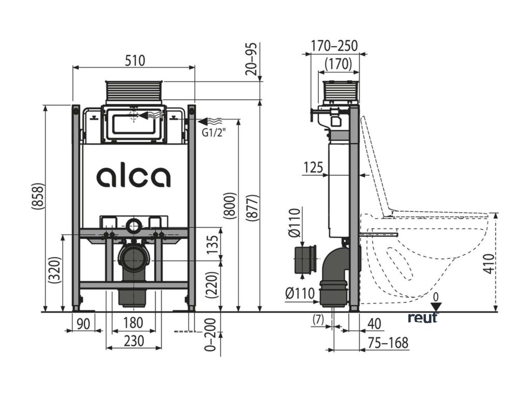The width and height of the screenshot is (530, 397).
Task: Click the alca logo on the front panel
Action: click(x=133, y=176)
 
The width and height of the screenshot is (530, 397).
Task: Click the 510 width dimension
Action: click(x=134, y=60)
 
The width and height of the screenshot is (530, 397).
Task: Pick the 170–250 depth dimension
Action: click(x=334, y=46)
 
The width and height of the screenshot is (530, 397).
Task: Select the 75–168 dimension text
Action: click(x=388, y=342)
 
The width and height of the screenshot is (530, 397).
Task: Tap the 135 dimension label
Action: click(x=211, y=242)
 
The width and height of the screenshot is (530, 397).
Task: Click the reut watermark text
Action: click(x=423, y=317)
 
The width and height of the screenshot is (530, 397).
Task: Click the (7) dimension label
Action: click(x=318, y=319)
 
